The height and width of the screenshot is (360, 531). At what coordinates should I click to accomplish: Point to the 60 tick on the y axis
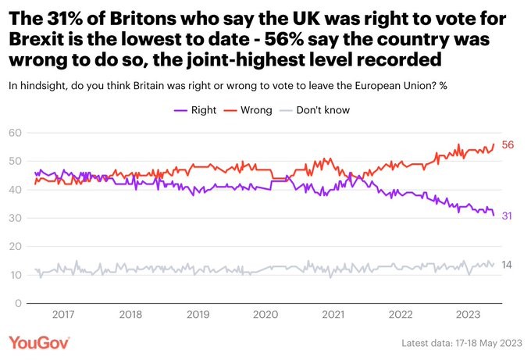pyautogui.click(x=14, y=134)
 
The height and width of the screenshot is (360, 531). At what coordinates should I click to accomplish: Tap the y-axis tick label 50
pyautogui.click(x=14, y=162)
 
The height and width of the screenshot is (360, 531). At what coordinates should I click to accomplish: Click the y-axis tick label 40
pyautogui.click(x=14, y=190)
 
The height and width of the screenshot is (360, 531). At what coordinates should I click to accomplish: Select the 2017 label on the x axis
pyautogui.click(x=62, y=315)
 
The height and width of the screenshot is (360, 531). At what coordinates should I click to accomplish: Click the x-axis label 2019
pyautogui.click(x=198, y=315)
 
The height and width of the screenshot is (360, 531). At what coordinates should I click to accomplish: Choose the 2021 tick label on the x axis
pyautogui.click(x=333, y=315)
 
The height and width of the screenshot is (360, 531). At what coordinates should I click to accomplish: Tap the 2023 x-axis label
pyautogui.click(x=468, y=315)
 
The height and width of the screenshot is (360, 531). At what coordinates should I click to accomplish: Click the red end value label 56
pyautogui.click(x=508, y=145)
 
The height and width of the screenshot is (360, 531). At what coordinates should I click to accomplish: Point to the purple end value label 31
pyautogui.click(x=507, y=216)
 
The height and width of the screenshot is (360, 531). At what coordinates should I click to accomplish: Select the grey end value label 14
pyautogui.click(x=507, y=265)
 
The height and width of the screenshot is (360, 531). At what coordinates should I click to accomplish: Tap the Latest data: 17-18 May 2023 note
pyautogui.click(x=460, y=344)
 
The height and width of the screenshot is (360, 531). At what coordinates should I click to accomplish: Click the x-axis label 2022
pyautogui.click(x=401, y=315)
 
